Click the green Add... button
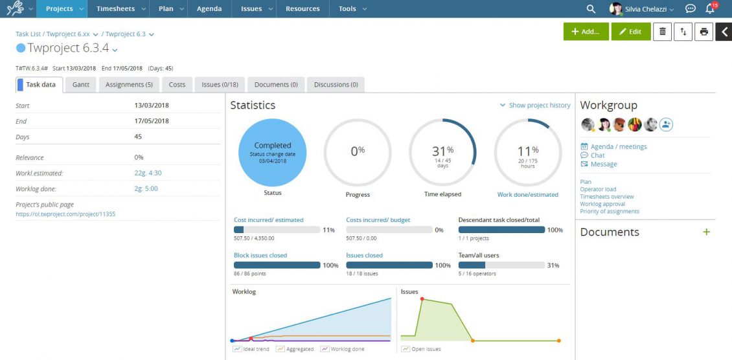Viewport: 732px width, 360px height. point(586,32)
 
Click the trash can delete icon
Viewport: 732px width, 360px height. point(662,32)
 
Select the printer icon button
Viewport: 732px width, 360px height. point(704,32)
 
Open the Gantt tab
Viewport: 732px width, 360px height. point(81,85)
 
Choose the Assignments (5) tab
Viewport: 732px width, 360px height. point(129,85)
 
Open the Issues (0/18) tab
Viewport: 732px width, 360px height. point(220,85)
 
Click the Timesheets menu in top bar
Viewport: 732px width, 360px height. point(115,9)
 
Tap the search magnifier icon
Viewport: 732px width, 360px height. point(591,9)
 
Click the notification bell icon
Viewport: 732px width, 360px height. point(710,9)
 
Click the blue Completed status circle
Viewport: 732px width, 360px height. point(273,153)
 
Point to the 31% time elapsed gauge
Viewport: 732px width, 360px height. point(442,153)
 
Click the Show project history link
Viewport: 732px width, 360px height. point(535,106)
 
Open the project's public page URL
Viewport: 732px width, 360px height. point(65,214)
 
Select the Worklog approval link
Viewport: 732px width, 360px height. point(602,204)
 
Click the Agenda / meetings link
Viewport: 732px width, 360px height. point(618,146)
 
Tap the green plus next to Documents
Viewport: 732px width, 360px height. point(707,232)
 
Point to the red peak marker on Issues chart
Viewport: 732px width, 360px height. point(422,299)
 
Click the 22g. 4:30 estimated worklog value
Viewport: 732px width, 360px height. point(148,173)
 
